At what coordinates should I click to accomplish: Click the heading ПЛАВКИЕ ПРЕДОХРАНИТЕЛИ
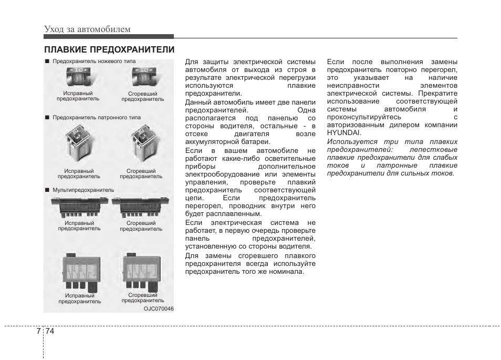(109, 49)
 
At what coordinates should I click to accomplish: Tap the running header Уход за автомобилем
(87, 29)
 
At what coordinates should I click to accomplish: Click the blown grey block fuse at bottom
(142, 272)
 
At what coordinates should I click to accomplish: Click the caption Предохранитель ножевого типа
(94, 61)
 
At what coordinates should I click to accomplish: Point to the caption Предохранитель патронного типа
(97, 118)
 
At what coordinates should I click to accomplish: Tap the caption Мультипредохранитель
(83, 190)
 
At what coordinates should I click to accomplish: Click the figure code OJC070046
(159, 308)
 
